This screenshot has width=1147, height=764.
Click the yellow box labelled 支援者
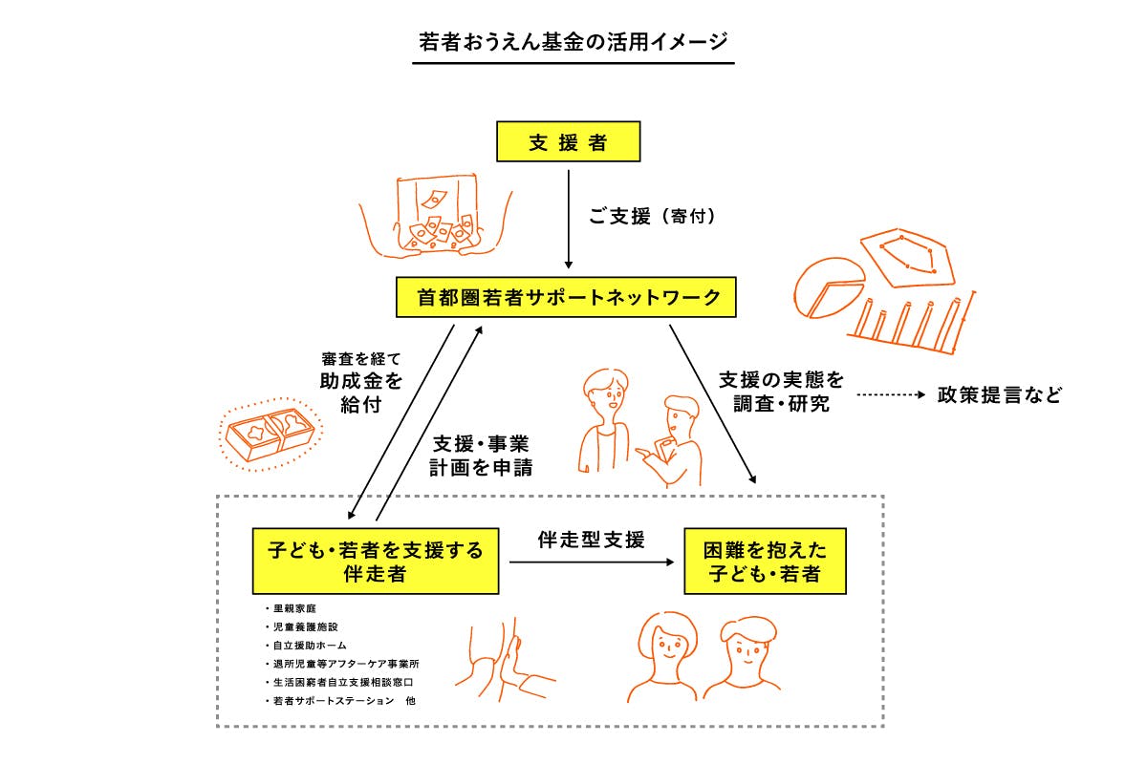[568, 145]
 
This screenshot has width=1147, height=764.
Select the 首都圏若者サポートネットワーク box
[568, 297]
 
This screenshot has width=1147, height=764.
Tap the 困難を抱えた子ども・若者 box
[765, 562]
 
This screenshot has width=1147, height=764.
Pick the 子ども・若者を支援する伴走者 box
[375, 562]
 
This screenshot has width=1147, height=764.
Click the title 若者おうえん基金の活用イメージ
[573, 42]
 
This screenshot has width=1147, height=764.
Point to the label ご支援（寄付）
[652, 217]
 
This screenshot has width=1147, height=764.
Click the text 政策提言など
[1000, 395]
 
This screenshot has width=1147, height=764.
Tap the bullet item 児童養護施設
[301, 627]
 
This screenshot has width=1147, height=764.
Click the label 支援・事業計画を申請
[482, 456]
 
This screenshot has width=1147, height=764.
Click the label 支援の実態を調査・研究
[781, 392]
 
